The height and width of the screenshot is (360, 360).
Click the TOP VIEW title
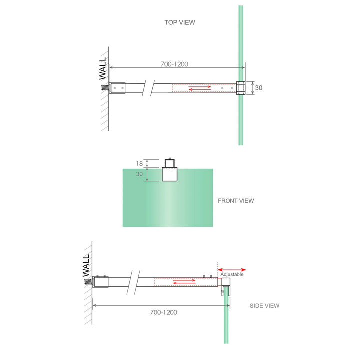tap(180, 22)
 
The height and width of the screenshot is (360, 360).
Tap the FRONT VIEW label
tap(236, 201)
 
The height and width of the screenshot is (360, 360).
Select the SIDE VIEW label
tap(264, 306)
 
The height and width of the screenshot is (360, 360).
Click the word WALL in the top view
tap(103, 68)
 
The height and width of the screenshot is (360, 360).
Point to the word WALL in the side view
tap(86, 265)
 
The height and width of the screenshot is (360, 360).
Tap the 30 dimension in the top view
tap(258, 88)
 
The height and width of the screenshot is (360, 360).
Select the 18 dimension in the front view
tap(139, 163)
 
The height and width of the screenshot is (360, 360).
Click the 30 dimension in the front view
tap(139, 174)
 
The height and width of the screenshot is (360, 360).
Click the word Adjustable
tap(232, 274)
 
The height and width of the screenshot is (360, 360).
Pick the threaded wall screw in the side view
tap(87, 281)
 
